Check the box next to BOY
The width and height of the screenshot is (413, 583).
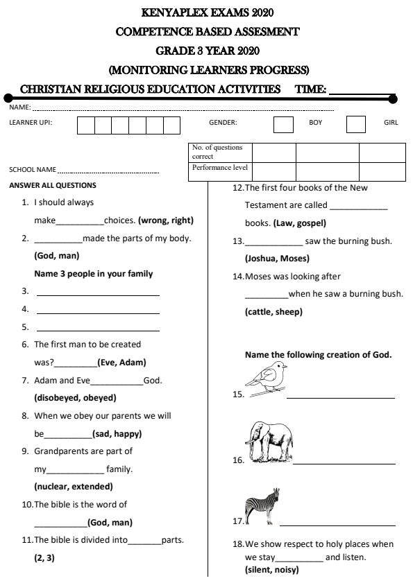283,125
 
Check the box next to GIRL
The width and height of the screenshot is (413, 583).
355,125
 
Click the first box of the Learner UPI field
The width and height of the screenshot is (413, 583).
85,125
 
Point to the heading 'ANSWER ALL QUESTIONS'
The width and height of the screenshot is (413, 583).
53,185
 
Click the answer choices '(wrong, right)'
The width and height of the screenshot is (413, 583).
166,220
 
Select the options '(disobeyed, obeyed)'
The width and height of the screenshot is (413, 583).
75,398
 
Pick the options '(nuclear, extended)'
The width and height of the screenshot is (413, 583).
74,487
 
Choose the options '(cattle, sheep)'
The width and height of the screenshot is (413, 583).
273,312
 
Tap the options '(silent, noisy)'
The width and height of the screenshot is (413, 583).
271,570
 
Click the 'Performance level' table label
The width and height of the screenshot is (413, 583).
219,168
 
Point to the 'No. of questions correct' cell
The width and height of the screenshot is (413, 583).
219,152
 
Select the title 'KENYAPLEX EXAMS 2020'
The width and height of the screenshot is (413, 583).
208,12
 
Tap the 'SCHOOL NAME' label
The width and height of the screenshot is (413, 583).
32,170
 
